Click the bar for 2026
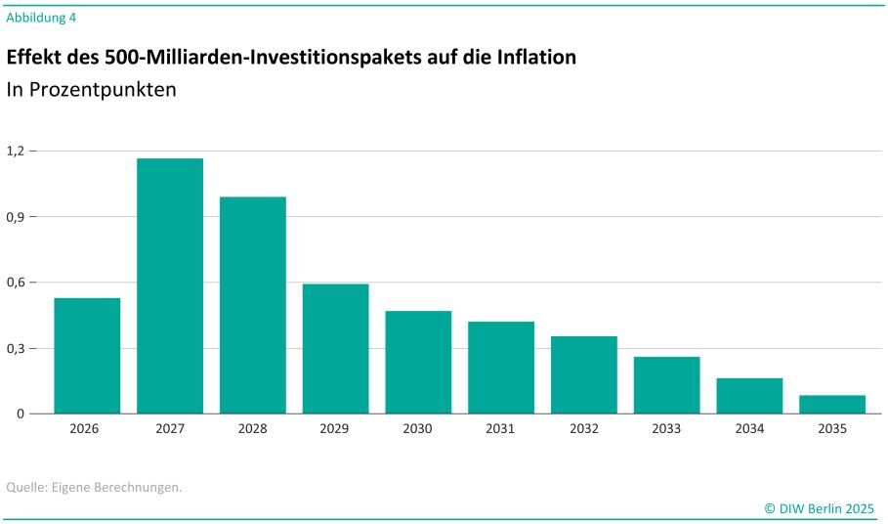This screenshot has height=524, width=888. pyautogui.click(x=87, y=356)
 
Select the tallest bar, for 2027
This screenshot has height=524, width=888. pyautogui.click(x=170, y=285)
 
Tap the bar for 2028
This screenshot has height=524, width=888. pyautogui.click(x=253, y=305)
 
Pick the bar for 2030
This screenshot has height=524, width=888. pyautogui.click(x=418, y=362)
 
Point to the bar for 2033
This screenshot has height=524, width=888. pyautogui.click(x=666, y=385)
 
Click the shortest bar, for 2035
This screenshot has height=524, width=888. pyautogui.click(x=832, y=404)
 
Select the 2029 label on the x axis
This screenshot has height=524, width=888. pyautogui.click(x=335, y=429)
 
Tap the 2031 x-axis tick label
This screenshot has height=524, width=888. pyautogui.click(x=501, y=429)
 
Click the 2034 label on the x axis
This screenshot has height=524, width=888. pyautogui.click(x=749, y=429)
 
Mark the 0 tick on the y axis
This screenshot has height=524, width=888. pyautogui.click(x=20, y=414)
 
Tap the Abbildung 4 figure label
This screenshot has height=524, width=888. pyautogui.click(x=41, y=17)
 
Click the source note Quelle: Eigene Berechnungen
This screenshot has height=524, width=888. pyautogui.click(x=94, y=486)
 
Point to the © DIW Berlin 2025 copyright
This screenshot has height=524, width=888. pyautogui.click(x=820, y=508)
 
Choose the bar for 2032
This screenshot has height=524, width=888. pyautogui.click(x=584, y=374)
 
